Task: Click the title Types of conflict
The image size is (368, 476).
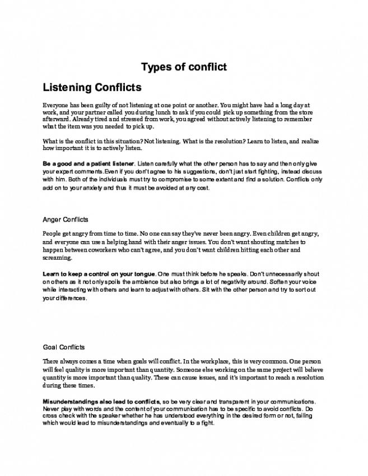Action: (x=184, y=67)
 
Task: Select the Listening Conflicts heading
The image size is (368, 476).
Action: (x=92, y=88)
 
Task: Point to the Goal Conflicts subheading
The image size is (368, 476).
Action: (x=63, y=347)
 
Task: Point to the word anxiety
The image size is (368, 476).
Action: (x=100, y=188)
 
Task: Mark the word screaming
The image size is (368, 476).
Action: (x=57, y=258)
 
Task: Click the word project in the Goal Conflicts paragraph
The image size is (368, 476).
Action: (x=243, y=370)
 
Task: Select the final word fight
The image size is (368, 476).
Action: (x=207, y=424)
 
